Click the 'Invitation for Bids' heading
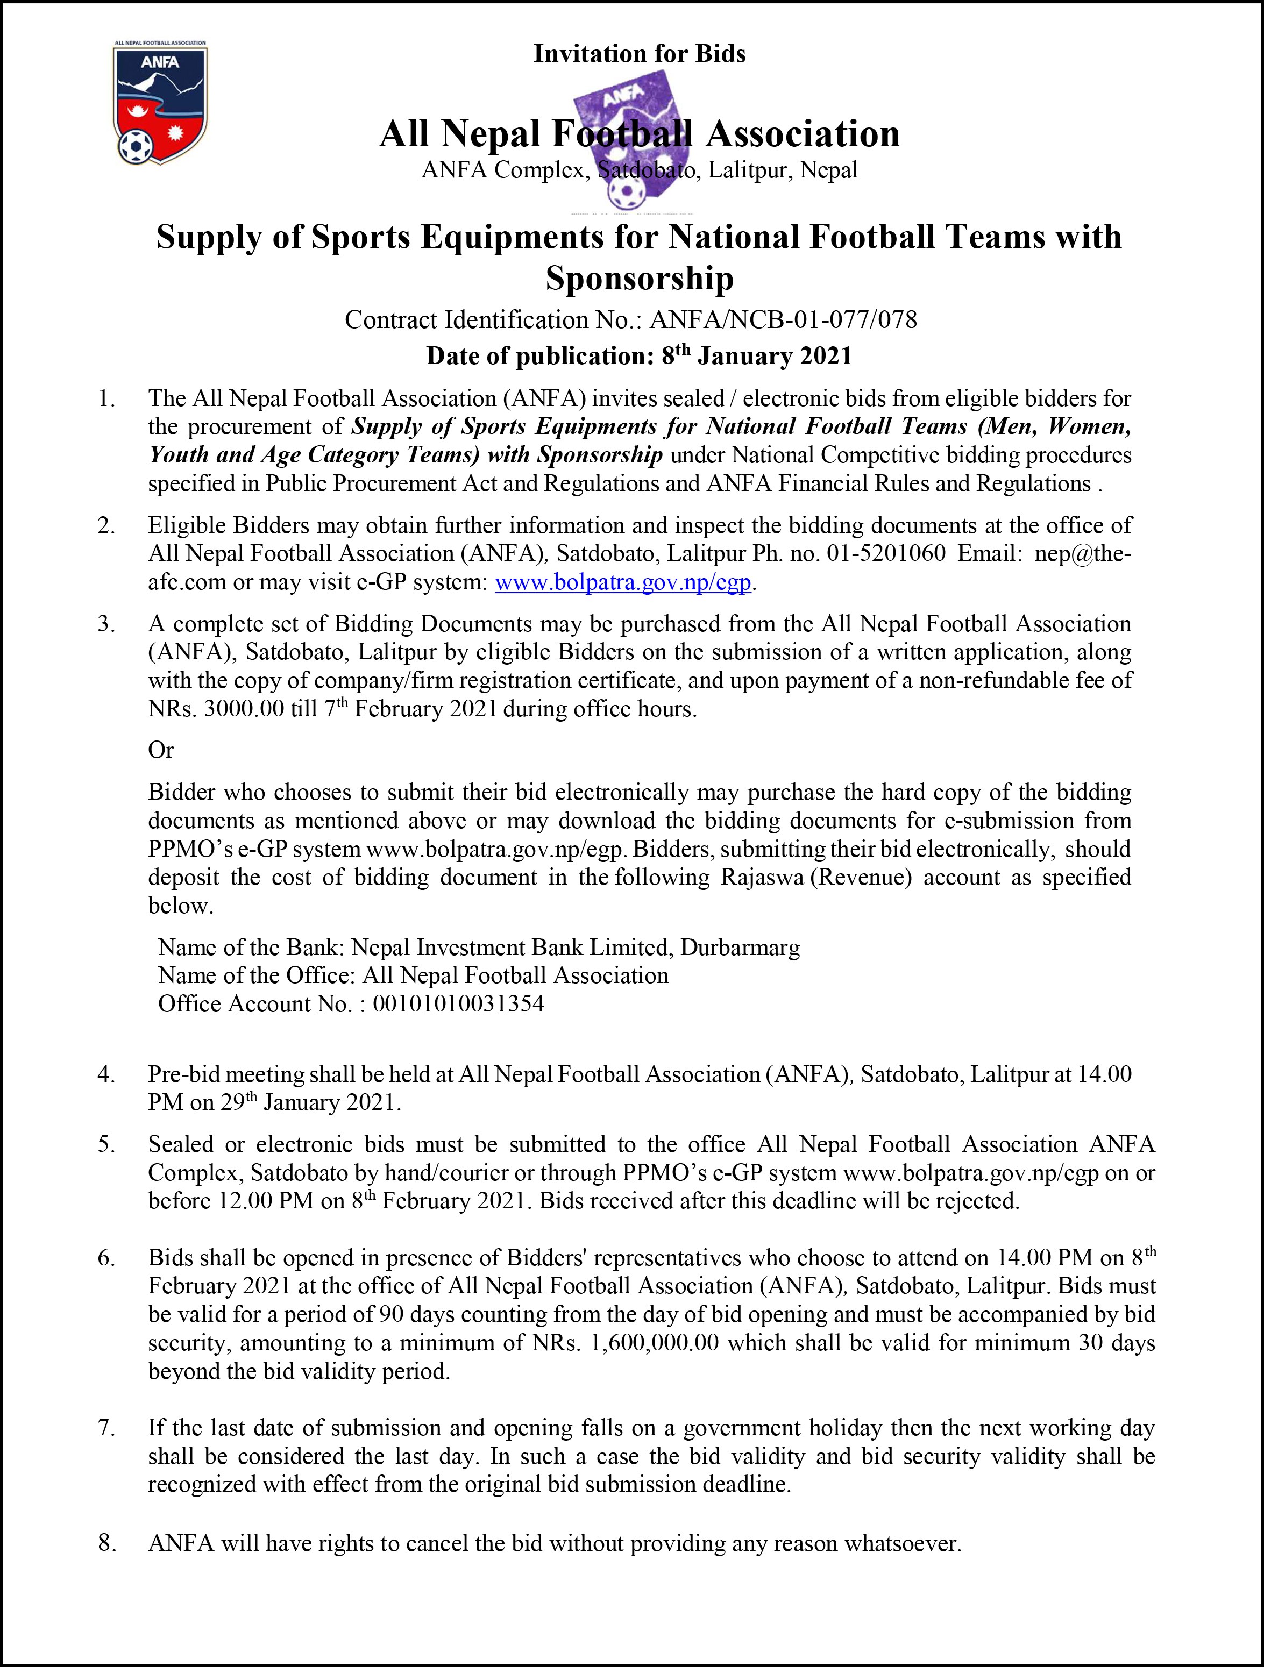[x=639, y=54]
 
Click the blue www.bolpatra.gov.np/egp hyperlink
[x=622, y=582]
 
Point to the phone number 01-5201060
[x=886, y=553]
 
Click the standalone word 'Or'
[x=160, y=750]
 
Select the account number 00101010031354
[x=458, y=1004]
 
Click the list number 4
[x=106, y=1074]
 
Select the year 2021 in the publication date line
[x=825, y=355]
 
